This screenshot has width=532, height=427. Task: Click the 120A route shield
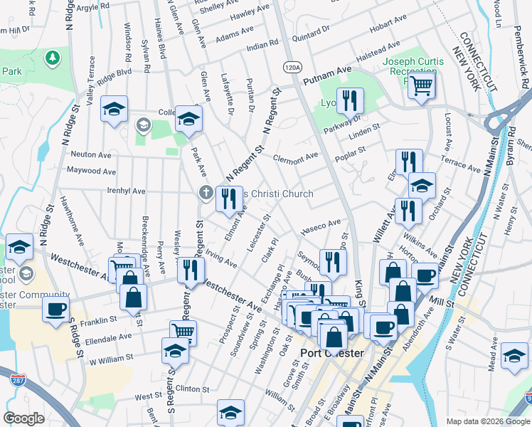(292, 67)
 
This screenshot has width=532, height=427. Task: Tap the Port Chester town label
(333, 354)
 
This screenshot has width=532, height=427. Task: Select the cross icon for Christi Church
(206, 193)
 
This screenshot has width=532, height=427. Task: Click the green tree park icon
(51, 56)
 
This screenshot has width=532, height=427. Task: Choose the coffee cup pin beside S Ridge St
(55, 309)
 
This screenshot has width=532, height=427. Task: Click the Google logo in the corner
(24, 418)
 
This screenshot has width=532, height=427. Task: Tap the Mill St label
(442, 303)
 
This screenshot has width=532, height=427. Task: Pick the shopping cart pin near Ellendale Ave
(183, 331)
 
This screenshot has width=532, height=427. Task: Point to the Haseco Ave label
(321, 227)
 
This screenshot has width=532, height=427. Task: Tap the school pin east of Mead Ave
(514, 355)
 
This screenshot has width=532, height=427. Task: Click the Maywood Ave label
(91, 171)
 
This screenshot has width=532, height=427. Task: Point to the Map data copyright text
(488, 421)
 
